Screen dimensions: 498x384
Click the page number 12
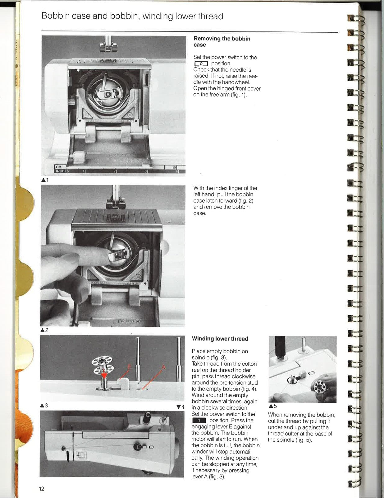tap(42, 489)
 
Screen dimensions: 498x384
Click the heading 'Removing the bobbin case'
tap(222, 42)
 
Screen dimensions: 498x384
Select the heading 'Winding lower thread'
tap(220, 339)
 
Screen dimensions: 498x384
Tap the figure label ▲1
tap(45, 180)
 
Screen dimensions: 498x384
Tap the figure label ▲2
tap(44, 330)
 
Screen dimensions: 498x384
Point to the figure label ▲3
tap(44, 406)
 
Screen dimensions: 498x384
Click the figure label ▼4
tap(180, 407)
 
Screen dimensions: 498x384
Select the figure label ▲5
tap(273, 406)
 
